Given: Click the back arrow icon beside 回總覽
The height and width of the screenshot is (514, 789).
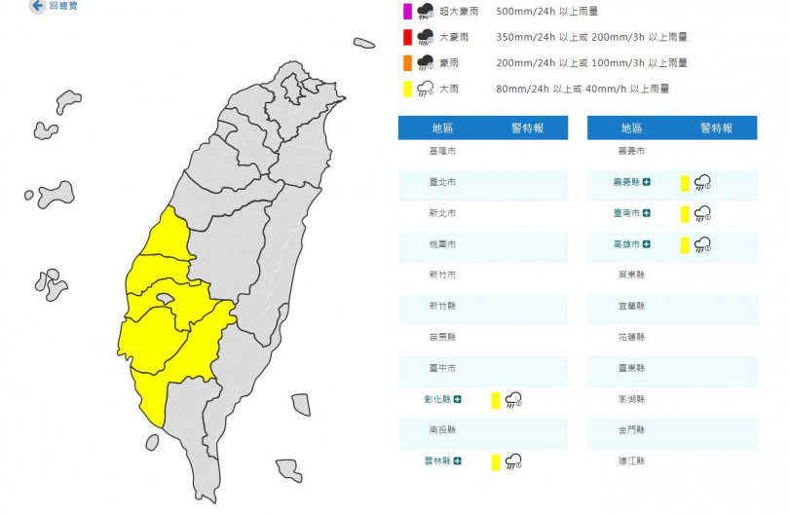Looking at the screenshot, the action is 37,6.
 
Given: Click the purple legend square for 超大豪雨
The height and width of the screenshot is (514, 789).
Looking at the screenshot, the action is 407,12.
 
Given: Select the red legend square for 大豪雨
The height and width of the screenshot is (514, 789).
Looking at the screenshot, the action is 407,38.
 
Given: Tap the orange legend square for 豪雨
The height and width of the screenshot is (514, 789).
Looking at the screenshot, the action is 407,63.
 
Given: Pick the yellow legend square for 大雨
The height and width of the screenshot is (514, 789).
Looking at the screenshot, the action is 407,90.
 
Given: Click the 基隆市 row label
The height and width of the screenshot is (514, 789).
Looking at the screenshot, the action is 442,152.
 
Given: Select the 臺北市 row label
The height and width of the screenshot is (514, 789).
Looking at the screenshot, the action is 442,182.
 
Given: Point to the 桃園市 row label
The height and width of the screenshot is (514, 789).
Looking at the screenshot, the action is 442,243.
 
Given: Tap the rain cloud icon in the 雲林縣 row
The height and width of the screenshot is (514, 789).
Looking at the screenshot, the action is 512,461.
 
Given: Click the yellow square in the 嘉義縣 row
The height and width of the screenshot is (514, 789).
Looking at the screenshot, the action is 685,182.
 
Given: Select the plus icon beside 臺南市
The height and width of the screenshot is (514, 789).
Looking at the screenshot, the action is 647,213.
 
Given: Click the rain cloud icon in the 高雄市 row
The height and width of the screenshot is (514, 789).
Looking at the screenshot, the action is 701,244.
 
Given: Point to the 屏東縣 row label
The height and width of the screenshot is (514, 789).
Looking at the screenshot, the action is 631,275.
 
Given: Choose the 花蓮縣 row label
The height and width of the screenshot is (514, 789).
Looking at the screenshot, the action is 631,337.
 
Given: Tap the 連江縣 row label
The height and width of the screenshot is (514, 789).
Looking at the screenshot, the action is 631,460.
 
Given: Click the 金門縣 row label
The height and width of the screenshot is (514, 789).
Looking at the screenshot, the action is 631,429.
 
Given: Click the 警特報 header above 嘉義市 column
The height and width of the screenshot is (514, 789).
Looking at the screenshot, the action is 716,128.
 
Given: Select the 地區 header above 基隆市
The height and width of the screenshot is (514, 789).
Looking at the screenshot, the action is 442,128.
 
